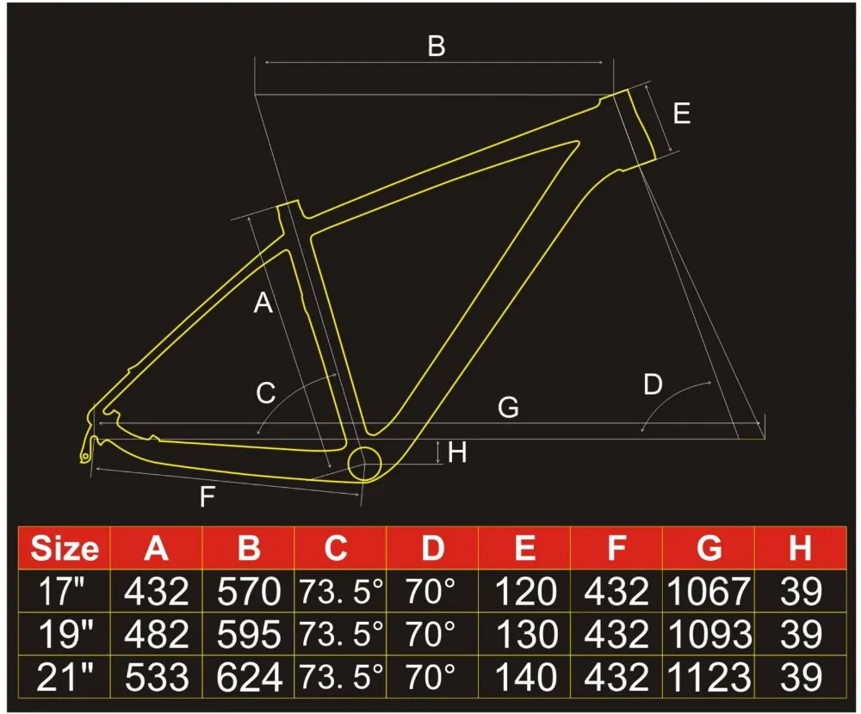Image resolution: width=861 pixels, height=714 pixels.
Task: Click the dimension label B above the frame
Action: tap(437, 46)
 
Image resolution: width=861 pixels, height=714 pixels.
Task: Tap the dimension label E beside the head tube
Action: tap(681, 113)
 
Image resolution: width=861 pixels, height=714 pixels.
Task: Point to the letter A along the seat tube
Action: tap(263, 303)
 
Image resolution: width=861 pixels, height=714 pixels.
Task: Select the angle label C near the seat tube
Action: tap(266, 393)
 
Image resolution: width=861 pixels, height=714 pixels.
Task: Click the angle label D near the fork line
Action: tap(653, 385)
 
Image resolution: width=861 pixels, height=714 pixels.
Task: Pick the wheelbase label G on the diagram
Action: tap(508, 408)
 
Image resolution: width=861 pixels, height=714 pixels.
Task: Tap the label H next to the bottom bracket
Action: tap(457, 452)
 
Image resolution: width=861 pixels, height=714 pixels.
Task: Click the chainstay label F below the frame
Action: tap(207, 496)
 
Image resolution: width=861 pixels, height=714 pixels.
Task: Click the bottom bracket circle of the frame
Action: tap(364, 465)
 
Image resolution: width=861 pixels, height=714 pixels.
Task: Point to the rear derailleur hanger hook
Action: tap(84, 451)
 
